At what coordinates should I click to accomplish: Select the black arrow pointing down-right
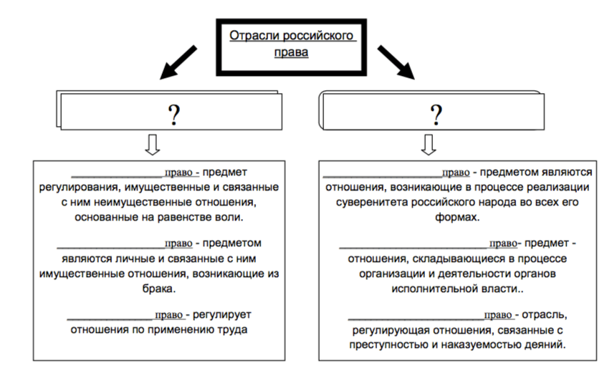[397, 63]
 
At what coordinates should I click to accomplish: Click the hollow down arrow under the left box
[153, 144]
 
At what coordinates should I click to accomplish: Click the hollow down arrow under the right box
[428, 144]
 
